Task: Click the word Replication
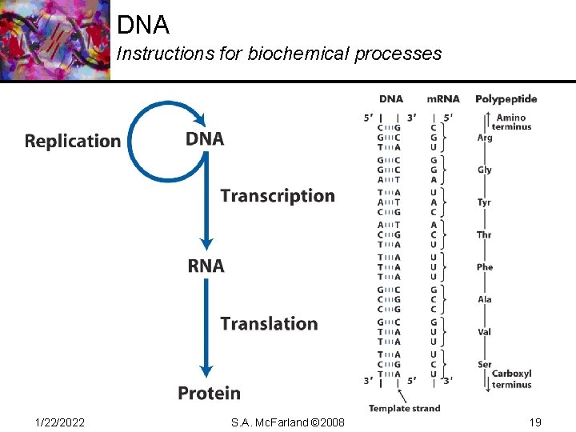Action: tap(73, 142)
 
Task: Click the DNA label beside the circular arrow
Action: tap(205, 139)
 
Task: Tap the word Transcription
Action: tap(278, 196)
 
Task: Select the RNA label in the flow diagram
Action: tap(206, 266)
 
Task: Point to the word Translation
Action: tap(269, 324)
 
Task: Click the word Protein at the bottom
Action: tap(209, 393)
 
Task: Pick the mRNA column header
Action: tap(443, 99)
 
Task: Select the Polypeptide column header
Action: tap(506, 99)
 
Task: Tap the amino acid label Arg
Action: tap(485, 138)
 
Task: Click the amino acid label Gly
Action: tap(485, 170)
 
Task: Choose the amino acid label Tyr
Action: tap(485, 202)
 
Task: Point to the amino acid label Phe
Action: tap(485, 267)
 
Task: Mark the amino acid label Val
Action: tap(485, 332)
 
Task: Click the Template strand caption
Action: tap(404, 408)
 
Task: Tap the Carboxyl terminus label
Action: tap(512, 379)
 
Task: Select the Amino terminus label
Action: tap(511, 122)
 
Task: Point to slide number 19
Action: tap(534, 422)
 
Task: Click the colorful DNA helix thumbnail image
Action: tap(54, 40)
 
